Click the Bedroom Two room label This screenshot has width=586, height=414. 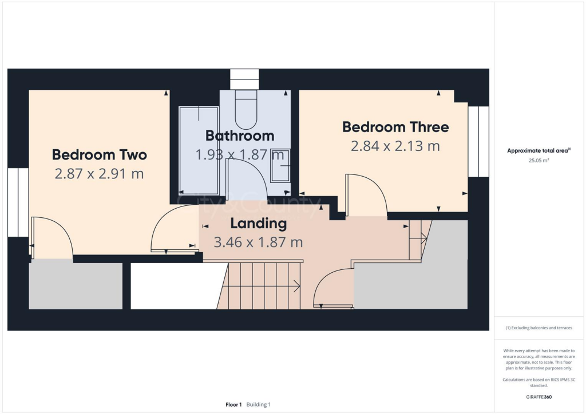(x=100, y=154)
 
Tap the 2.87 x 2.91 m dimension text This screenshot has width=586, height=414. (x=100, y=173)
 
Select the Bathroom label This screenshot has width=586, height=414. (x=240, y=136)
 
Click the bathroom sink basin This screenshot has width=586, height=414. (x=280, y=166)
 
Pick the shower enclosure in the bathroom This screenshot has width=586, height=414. (x=199, y=150)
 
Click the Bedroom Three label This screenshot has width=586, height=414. (x=395, y=127)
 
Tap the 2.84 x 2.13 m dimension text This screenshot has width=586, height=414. (x=395, y=146)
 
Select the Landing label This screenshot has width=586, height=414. (x=258, y=223)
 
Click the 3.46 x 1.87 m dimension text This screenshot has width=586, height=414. (x=258, y=242)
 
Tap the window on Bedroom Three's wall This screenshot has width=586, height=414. (x=478, y=141)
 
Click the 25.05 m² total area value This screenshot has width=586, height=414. (x=538, y=161)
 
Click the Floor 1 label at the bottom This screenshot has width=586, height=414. (x=233, y=404)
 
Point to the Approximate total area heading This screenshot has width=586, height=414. (x=537, y=151)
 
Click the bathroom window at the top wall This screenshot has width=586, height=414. (x=244, y=79)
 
